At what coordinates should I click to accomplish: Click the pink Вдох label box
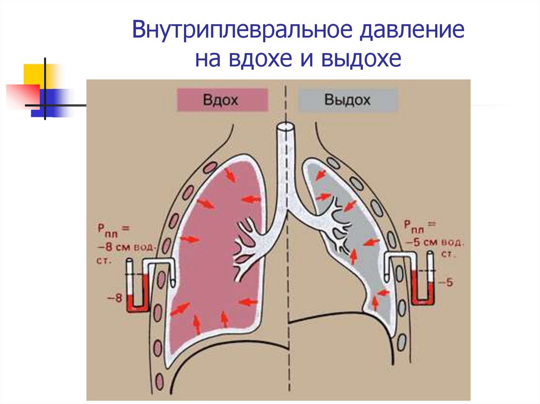coord(222,100)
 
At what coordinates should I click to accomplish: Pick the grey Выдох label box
coord(348,100)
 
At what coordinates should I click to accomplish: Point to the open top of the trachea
coord(285,128)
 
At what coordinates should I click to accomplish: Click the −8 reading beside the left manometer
coord(116,298)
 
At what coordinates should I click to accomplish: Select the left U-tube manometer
coord(138,287)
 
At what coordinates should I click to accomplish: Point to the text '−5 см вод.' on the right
coord(435,244)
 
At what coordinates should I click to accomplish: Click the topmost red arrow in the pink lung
coord(230,174)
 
